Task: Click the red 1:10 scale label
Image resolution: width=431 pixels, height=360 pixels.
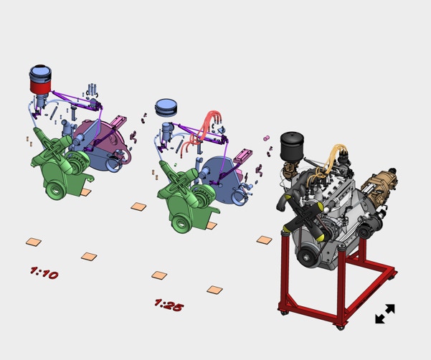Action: (44, 273)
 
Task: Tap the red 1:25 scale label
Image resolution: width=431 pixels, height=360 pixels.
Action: (169, 305)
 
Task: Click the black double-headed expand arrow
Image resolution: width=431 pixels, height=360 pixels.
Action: (385, 313)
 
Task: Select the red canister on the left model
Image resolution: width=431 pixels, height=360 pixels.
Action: (40, 84)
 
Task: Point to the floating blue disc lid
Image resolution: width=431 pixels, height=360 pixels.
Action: (166, 107)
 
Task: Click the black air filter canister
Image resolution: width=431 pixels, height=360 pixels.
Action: (292, 146)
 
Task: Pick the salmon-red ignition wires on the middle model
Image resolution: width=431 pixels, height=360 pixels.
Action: (202, 131)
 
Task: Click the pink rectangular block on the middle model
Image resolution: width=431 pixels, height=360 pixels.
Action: (242, 156)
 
